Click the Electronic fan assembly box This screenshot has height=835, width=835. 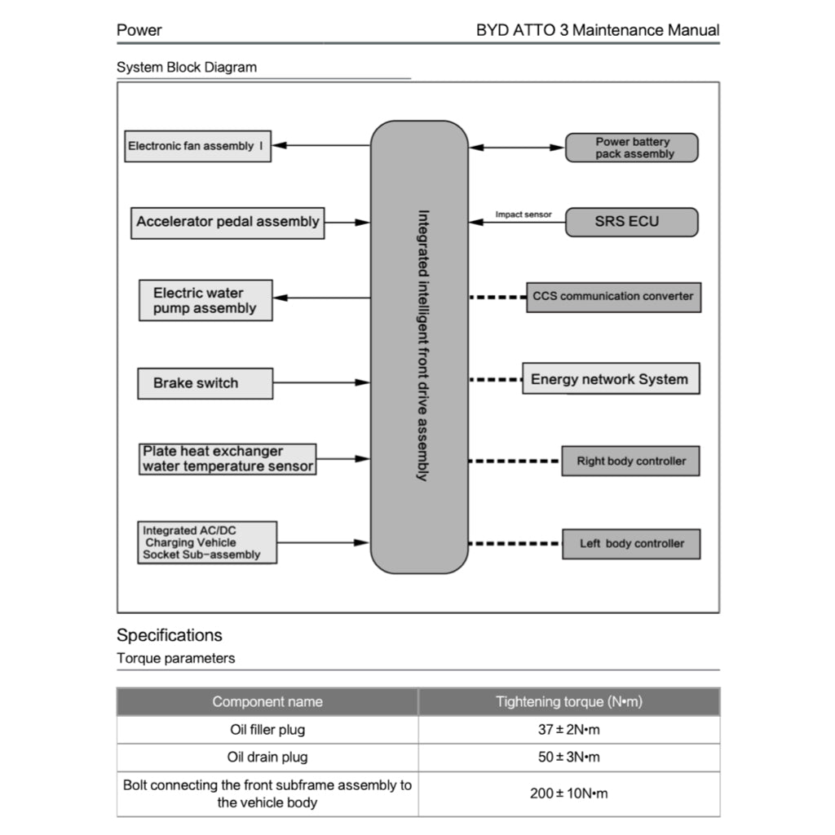pos(197,147)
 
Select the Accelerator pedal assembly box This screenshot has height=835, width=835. pos(228,222)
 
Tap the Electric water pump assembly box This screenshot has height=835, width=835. pos(205,301)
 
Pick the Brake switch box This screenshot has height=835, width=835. pos(205,383)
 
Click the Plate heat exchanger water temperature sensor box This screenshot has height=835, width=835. pos(228,459)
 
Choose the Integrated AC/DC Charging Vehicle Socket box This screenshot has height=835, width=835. pos(207,542)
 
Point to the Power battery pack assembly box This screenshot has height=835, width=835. pos(632,148)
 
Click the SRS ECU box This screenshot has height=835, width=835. pos(632,222)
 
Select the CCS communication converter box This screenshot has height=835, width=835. pos(613,297)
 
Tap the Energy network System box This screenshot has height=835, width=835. pos(611,379)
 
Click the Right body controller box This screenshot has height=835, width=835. pos(631,462)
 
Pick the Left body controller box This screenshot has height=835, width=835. pos(631,544)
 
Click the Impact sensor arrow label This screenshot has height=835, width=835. pos(524,214)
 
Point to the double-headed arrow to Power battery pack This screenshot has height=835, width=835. pos(517,148)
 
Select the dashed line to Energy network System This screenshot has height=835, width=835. pos(495,379)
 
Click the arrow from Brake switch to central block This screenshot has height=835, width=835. pos(321,382)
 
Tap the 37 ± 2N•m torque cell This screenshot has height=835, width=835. pos(568,730)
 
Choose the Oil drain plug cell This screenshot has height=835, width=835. pos(267,758)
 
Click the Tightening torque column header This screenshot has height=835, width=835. pos(568,702)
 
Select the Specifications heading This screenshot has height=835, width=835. pos(170,635)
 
